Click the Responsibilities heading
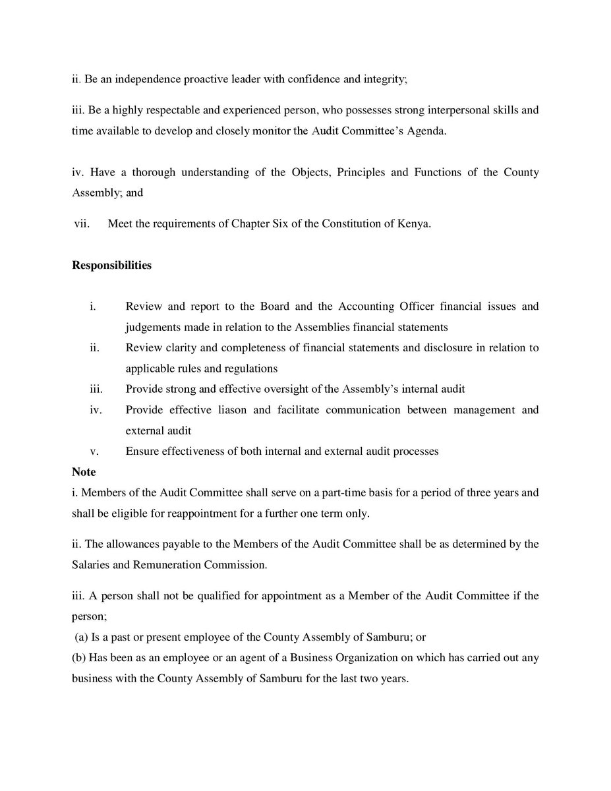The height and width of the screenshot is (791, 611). (111, 266)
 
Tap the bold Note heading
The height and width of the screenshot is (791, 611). (84, 472)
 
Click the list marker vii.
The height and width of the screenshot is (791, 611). (82, 224)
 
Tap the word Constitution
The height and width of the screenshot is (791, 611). (349, 224)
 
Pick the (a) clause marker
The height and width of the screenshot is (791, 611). (82, 637)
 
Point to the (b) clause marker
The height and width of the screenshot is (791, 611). (80, 658)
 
